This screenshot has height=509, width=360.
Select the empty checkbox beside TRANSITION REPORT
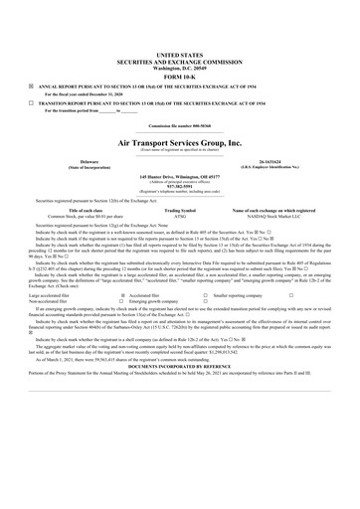[31, 102]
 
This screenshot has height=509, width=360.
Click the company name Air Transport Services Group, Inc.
[179, 143]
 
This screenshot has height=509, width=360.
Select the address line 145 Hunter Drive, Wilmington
[179, 177]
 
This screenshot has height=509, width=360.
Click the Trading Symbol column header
[180, 211]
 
